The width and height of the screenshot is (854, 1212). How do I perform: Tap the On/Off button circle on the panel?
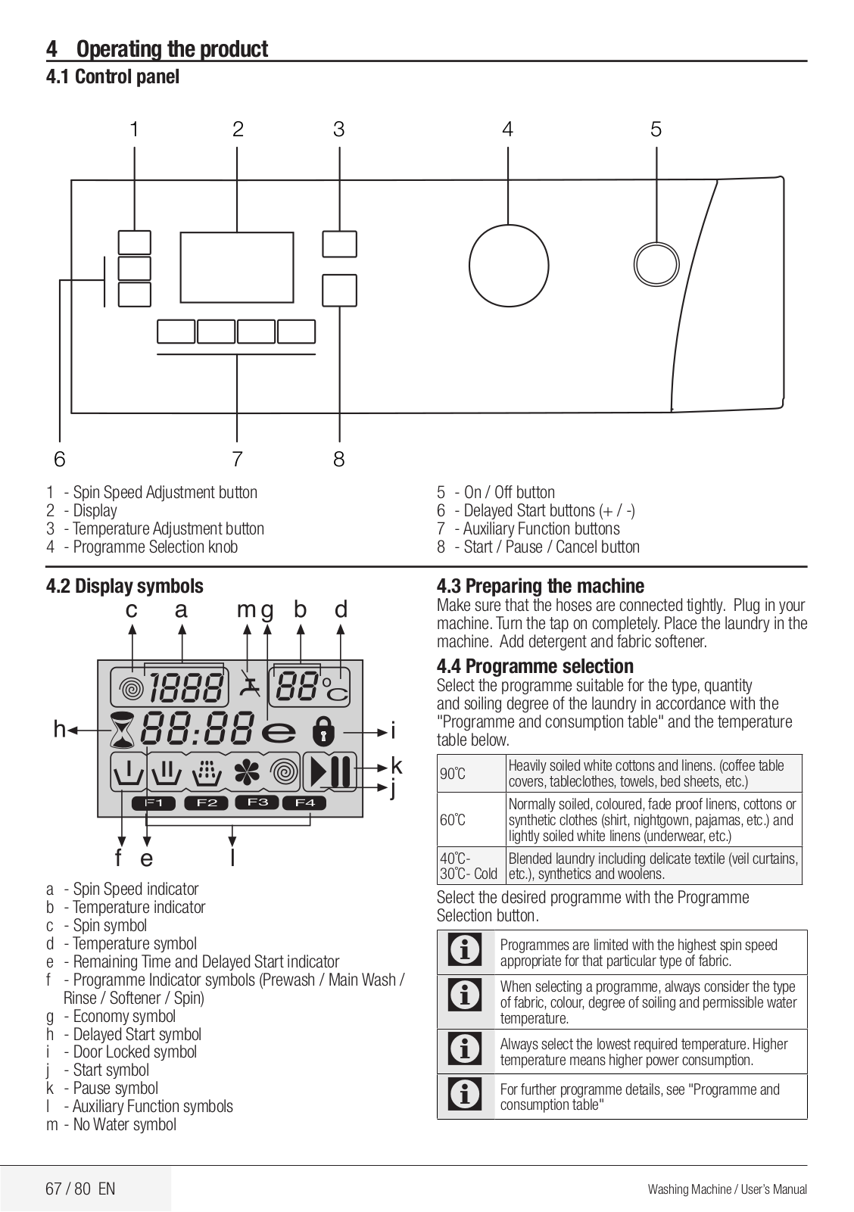(x=656, y=264)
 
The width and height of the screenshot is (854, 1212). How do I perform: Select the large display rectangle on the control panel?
(x=236, y=267)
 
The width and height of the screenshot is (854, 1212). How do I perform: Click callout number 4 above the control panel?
(x=507, y=130)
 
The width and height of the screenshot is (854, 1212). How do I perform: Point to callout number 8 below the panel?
(x=338, y=459)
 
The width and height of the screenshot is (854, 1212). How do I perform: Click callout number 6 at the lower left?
(x=60, y=459)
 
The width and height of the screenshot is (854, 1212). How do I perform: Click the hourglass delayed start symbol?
(x=122, y=731)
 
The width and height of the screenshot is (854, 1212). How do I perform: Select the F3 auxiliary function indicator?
(x=257, y=802)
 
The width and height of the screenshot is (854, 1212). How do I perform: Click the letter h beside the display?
(x=59, y=730)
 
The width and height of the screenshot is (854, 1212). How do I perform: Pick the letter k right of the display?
(x=396, y=766)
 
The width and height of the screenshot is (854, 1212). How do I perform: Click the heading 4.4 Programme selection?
(x=535, y=667)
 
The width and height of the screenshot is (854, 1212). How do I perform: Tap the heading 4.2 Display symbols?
(x=125, y=586)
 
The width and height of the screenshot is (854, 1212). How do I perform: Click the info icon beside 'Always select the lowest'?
(x=465, y=1051)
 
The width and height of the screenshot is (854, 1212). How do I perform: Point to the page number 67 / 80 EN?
(x=80, y=1188)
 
